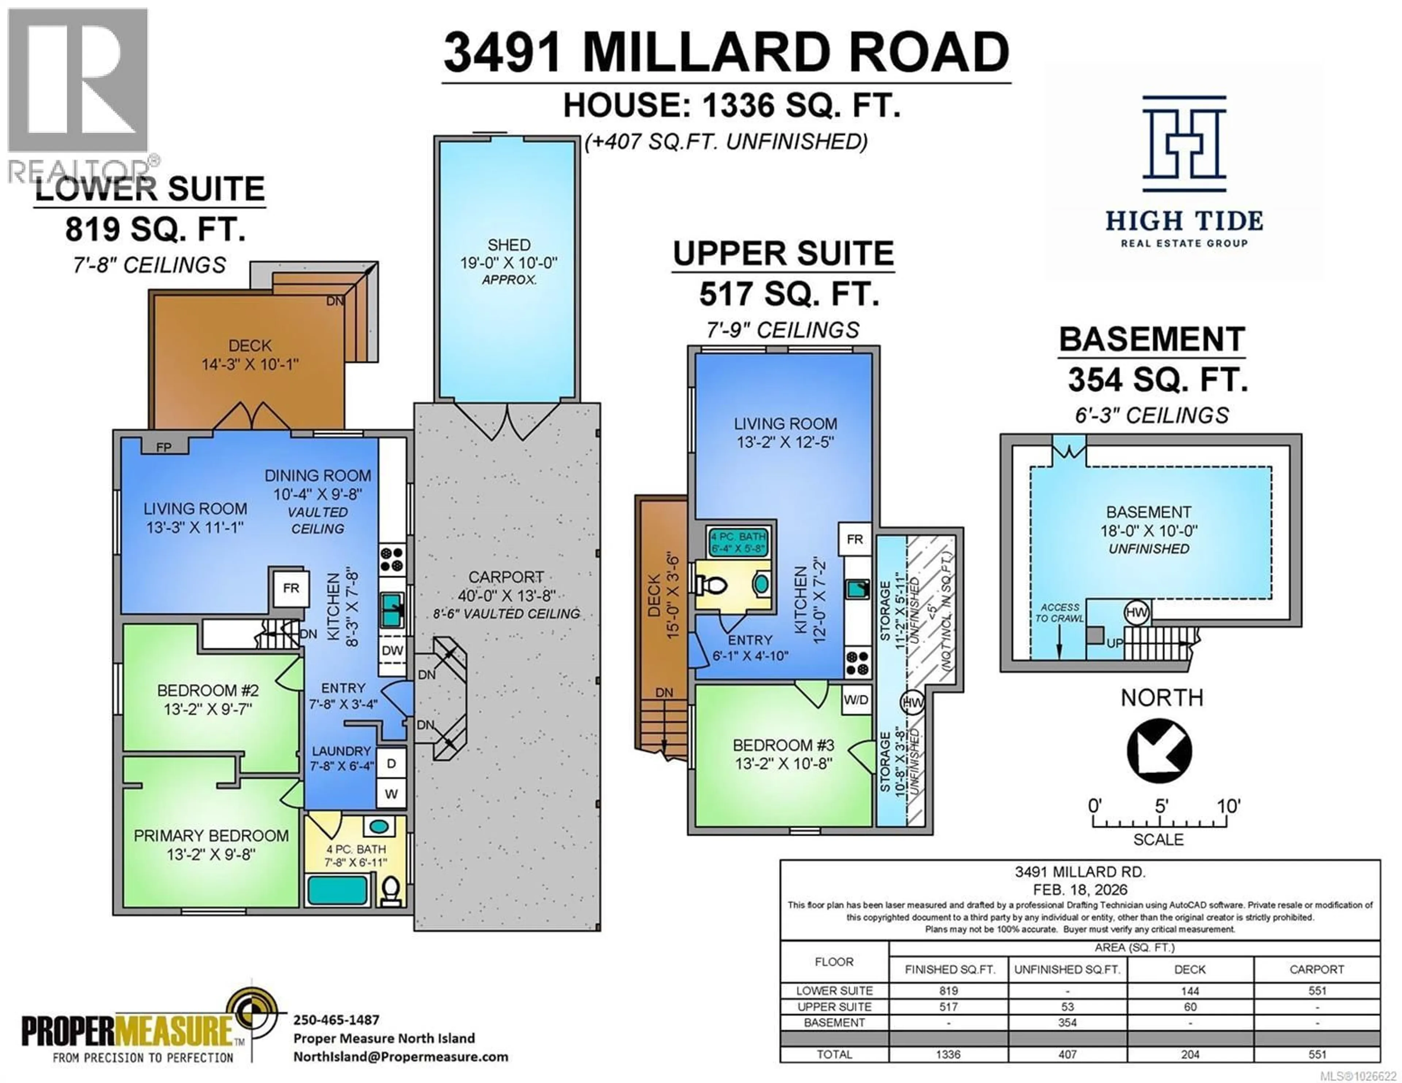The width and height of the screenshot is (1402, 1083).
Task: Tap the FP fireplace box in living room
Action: point(164,446)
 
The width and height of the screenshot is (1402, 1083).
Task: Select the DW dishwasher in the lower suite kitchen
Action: point(392,650)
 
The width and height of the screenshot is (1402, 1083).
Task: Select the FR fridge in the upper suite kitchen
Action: point(854,539)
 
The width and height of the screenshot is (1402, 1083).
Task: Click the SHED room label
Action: point(509,245)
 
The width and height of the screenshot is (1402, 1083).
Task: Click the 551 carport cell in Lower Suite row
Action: point(1317,991)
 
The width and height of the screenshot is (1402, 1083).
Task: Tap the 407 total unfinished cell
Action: point(1067,1054)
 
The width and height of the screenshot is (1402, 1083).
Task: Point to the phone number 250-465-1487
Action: point(336,1019)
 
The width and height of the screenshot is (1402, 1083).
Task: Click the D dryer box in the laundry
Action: point(391,763)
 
